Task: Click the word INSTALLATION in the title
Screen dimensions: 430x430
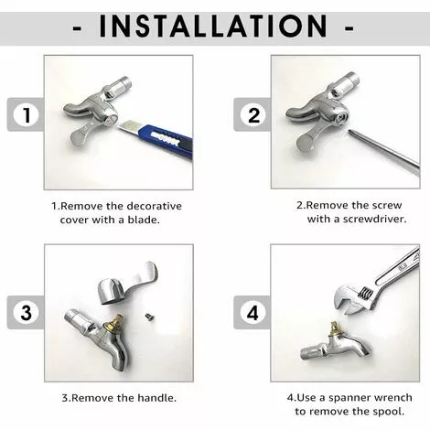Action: coord(213,27)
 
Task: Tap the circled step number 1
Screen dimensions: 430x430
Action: coord(27,115)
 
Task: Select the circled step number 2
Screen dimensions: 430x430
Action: coord(253,115)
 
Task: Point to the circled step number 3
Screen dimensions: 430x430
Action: coord(27,313)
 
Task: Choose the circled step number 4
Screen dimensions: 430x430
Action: coord(253,313)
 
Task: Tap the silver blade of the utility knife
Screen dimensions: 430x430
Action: coord(127,126)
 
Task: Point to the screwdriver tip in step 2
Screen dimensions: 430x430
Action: coord(349,132)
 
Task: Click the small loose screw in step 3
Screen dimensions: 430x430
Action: coord(149,317)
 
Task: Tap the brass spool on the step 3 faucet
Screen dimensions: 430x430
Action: coord(111,327)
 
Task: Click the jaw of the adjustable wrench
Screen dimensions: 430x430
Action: coord(351,302)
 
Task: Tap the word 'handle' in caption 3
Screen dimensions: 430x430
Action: coord(156,398)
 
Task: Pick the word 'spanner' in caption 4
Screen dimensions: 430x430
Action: coord(349,398)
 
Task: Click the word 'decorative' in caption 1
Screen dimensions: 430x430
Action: coord(155,206)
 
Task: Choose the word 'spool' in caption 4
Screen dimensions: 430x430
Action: coord(389,412)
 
